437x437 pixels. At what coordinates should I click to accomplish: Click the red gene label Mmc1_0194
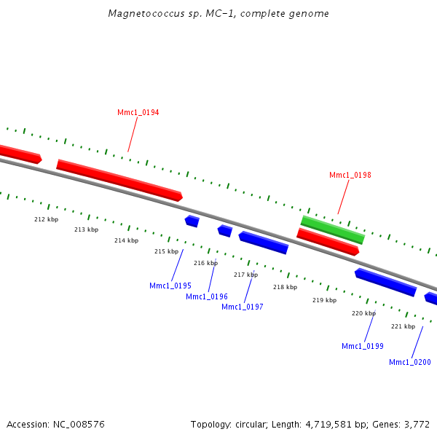click(x=138, y=113)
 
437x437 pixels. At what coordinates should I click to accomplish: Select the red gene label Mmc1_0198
click(x=350, y=176)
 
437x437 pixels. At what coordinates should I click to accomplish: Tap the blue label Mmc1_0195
click(x=170, y=286)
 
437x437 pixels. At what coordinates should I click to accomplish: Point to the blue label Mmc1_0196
click(x=206, y=297)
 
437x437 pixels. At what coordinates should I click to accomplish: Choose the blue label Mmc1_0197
click(x=242, y=307)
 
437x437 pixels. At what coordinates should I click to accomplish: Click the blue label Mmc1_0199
click(x=362, y=346)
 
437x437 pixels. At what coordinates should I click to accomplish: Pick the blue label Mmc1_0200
click(x=409, y=363)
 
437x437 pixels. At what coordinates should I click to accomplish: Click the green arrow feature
click(x=333, y=229)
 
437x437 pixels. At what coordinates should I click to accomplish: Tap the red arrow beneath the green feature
click(x=328, y=242)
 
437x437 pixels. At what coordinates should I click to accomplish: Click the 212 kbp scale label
click(x=46, y=219)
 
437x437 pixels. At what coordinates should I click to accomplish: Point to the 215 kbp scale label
click(x=166, y=252)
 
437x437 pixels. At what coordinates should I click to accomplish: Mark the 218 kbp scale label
click(x=285, y=288)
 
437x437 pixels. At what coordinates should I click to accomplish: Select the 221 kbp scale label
click(x=403, y=327)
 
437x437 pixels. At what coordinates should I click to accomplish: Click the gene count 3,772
click(x=416, y=425)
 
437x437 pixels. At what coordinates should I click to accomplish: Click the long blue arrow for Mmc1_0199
click(x=385, y=283)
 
